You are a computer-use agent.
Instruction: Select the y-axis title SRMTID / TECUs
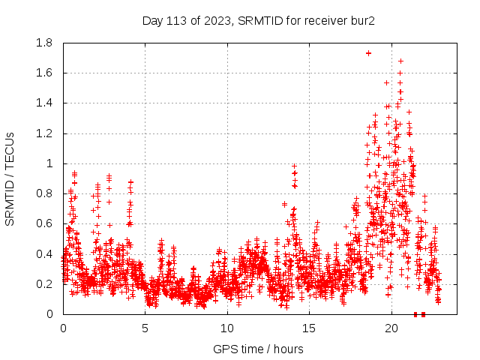10,178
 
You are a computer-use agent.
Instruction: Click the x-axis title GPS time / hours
258,349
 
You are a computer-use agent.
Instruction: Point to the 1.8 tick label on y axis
46,43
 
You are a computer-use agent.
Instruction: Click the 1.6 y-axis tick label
46,73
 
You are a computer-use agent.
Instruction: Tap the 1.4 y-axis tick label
46,103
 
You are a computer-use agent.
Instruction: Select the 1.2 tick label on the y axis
46,133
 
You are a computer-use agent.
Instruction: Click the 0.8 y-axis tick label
46,193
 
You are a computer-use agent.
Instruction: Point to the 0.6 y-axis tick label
46,223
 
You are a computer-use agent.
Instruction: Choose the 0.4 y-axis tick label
46,254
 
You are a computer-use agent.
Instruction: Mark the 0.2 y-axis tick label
46,284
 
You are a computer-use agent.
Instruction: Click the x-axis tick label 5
145,328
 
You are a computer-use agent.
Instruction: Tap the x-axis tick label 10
227,328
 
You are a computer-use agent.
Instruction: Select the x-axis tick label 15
310,328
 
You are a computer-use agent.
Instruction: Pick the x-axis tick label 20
391,328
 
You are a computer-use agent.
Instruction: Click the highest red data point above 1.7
368,53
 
